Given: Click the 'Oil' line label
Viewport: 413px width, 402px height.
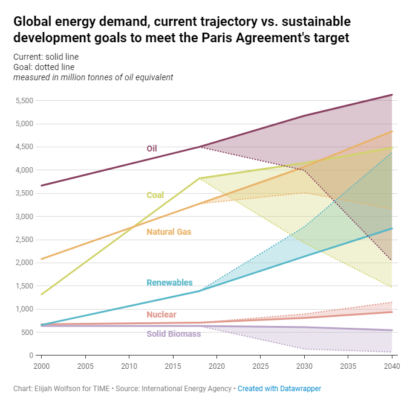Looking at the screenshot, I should pos(152,148).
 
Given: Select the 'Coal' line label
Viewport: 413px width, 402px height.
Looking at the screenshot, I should pos(155,195).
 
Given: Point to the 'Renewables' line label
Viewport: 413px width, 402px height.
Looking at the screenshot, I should pos(169,282).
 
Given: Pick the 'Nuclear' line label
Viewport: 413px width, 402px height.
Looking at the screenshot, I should pos(161,314).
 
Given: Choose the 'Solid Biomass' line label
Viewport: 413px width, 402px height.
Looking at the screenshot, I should pos(174,334).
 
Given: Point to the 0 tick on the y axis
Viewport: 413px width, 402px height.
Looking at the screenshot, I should pos(30,356).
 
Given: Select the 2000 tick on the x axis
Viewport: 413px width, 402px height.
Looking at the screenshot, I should pos(41,366).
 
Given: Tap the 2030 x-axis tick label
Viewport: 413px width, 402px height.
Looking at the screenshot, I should pos(304,366).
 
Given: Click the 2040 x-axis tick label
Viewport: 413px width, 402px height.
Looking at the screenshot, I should pos(391,366).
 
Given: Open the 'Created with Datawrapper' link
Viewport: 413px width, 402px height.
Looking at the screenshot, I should pos(281,389).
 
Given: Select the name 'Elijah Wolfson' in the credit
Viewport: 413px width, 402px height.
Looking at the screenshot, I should pos(58,389).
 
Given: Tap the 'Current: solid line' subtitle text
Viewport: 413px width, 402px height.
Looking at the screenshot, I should pos(46,57).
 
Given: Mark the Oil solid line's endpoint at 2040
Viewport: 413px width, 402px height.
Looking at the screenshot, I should pos(392,95).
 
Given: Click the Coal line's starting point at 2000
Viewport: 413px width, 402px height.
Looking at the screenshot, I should pos(41,295).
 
